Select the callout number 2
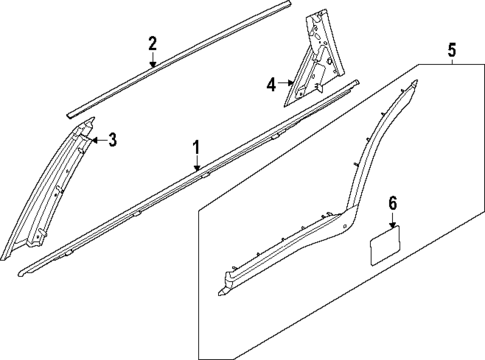click(152, 43)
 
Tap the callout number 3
click(112, 139)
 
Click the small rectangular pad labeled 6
click(385, 248)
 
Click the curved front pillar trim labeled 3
click(55, 190)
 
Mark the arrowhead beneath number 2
click(152, 65)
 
